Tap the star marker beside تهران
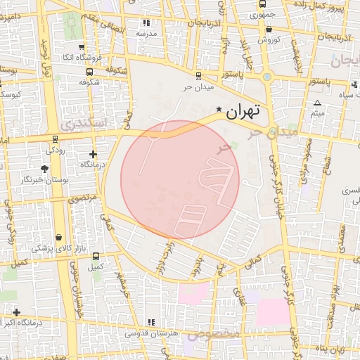220,110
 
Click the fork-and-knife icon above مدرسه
146,24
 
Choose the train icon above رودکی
55,138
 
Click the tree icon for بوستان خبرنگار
45,169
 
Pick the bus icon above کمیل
96,257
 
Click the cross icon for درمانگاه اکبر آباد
16,312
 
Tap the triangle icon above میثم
317,103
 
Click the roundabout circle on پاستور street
267,77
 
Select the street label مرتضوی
83,199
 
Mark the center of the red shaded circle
180,180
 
